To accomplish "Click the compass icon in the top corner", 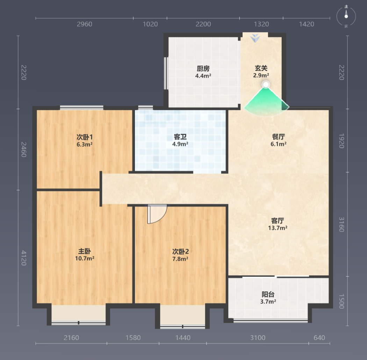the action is tap(346, 17).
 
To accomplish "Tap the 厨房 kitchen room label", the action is tap(203, 68).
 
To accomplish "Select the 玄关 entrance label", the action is tap(261, 68).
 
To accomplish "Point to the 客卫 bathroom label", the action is tap(180, 137).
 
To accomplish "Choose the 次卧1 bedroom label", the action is tap(85, 137).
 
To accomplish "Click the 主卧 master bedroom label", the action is tap(85, 251).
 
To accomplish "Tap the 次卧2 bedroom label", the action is tap(180, 251).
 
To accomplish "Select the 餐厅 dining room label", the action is tap(279, 137).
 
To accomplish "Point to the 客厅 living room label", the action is tap(278, 221).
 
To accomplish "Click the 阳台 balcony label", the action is tap(268, 294).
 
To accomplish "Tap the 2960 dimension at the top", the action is tap(85, 24).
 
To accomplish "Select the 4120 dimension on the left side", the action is tap(24, 258).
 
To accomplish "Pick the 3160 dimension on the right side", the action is tap(342, 225).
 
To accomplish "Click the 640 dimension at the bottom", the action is tap(319, 338).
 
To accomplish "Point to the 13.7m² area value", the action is tap(278, 228).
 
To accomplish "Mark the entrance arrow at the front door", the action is tap(255, 38).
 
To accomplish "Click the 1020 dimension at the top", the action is tap(150, 24).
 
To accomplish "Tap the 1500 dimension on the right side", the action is tap(342, 301).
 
